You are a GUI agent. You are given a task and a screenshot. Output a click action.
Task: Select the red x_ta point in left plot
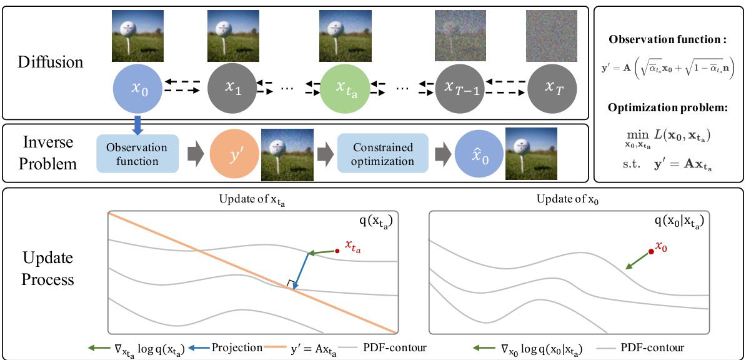click(337, 251)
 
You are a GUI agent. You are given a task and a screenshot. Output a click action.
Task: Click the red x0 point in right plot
click(651, 251)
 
